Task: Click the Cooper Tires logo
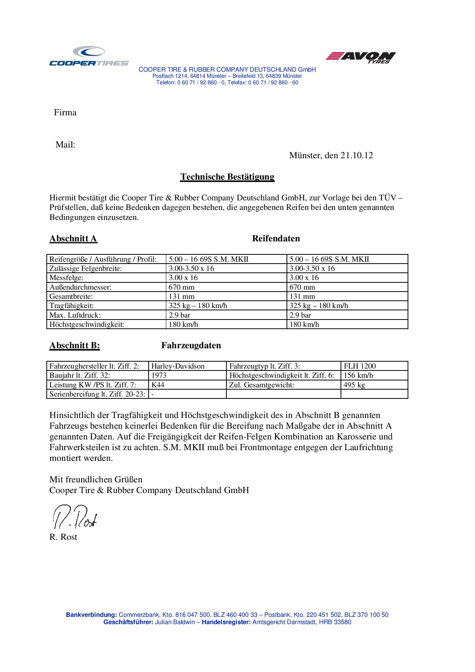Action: coord(89,56)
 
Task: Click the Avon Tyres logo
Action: coord(360,57)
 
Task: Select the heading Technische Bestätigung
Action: coord(227,177)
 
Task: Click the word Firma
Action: coord(65,113)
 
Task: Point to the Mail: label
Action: coord(65,145)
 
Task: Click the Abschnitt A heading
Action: coord(73,239)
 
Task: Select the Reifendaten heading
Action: coord(276,239)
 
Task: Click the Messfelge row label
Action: coord(66,278)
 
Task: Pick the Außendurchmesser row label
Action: coord(80,287)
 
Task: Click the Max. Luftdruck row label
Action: coord(75,315)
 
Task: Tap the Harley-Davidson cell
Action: coord(178,366)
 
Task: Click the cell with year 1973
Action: coord(159,375)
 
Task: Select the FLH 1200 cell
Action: coord(360,366)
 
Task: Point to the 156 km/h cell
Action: coord(358,375)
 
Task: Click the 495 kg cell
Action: coord(354,385)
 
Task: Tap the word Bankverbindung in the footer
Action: coord(91,615)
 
